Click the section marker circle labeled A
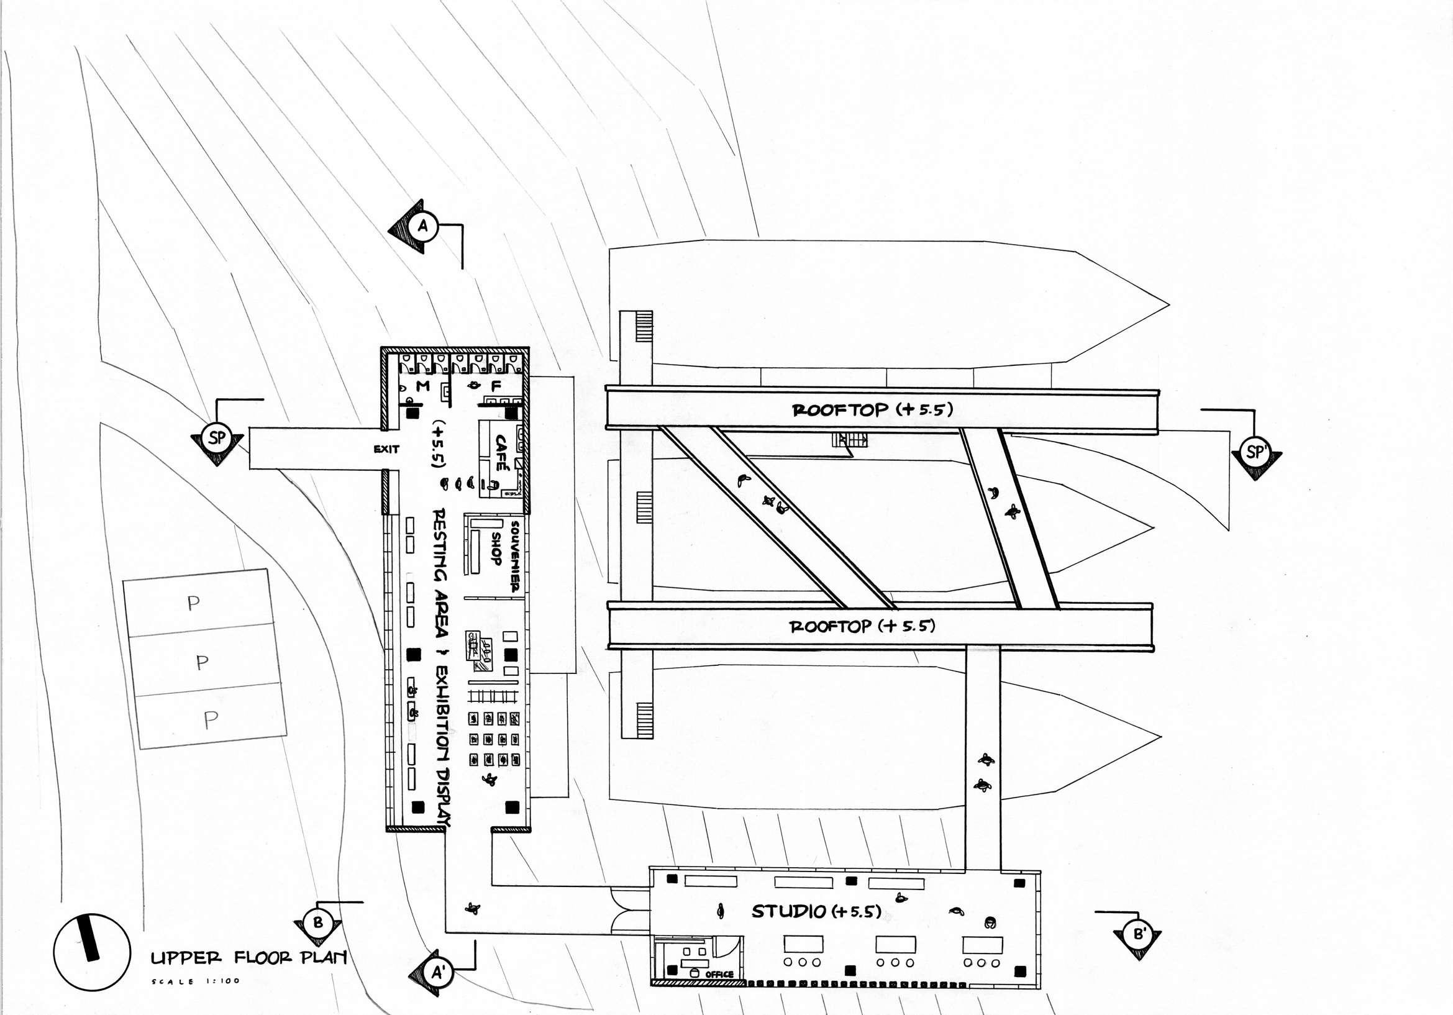(423, 226)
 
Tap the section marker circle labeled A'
(438, 973)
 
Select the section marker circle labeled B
(317, 922)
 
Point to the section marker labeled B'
(1139, 934)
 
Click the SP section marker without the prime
(216, 438)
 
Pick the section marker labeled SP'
(1256, 452)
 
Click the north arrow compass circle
(91, 952)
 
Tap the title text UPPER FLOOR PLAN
(248, 957)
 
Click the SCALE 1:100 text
(196, 981)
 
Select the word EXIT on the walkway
(386, 448)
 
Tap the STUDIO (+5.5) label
(816, 911)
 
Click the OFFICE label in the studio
(719, 974)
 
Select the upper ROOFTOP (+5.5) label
(872, 409)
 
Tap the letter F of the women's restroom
(496, 385)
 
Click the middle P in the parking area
(202, 662)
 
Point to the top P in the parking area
(194, 603)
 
